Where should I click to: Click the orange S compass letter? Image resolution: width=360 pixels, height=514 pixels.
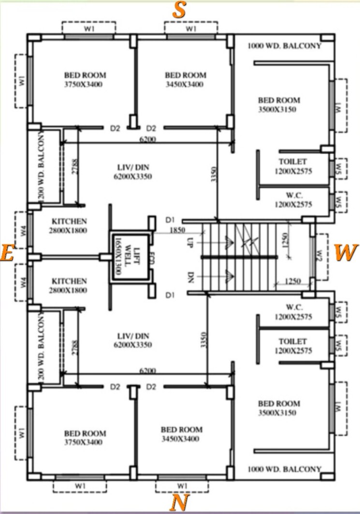179,11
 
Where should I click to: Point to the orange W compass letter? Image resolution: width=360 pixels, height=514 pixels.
346,252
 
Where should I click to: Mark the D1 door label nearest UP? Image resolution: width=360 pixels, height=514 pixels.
170,220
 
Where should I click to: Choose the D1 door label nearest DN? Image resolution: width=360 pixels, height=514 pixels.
170,294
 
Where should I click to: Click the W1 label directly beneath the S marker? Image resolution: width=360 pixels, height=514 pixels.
191,29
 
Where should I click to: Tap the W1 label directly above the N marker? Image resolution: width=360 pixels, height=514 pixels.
181,485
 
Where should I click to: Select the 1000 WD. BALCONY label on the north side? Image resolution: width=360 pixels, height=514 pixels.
284,469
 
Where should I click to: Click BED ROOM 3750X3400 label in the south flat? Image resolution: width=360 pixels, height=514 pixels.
85,80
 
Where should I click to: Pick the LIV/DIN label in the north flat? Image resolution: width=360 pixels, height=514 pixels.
133,340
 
